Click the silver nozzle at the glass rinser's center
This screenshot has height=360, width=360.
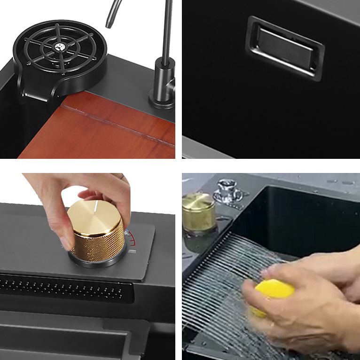pyautogui.click(x=61, y=47)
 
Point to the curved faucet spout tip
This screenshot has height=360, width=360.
pyautogui.click(x=109, y=23)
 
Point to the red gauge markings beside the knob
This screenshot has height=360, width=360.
pyautogui.click(x=132, y=238)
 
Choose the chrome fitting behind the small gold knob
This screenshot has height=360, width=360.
pyautogui.click(x=228, y=190)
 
